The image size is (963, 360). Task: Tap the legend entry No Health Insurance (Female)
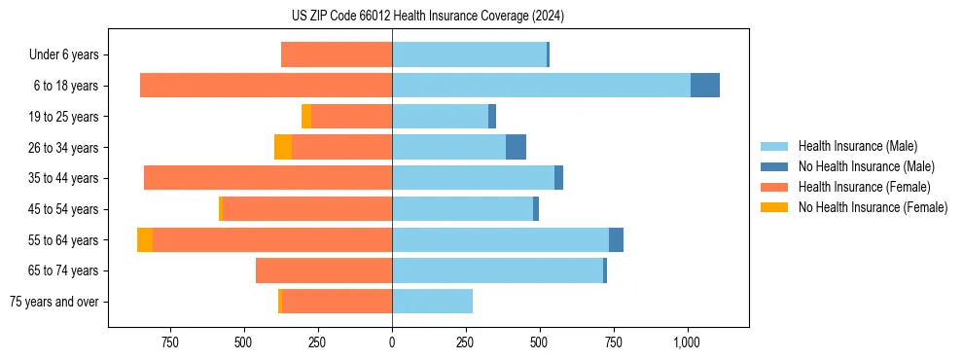point(873,207)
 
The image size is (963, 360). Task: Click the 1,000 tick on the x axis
point(687,342)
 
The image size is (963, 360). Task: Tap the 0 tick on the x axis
point(392,342)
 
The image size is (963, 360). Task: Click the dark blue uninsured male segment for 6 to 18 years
point(705,86)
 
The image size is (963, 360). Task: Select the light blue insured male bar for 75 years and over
point(432,302)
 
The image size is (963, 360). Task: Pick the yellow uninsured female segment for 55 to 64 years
point(145,240)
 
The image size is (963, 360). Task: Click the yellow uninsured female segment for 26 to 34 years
point(283,148)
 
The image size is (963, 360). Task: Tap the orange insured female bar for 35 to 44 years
point(267,178)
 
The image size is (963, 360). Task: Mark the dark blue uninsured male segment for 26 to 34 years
point(516,148)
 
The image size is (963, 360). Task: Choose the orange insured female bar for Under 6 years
point(337,55)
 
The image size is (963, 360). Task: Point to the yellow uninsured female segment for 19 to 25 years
point(306,117)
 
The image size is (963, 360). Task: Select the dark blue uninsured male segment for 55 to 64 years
point(616,240)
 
